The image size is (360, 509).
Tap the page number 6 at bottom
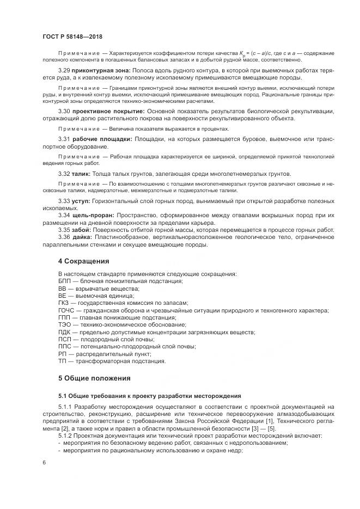44,462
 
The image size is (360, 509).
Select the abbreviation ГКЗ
64,303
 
